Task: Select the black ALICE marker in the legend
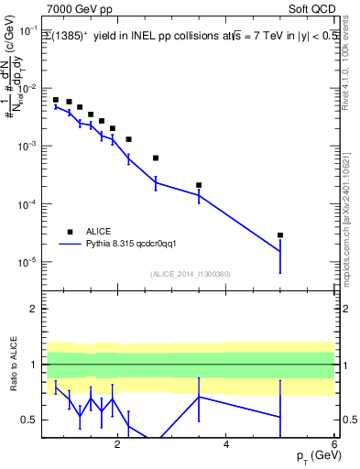tap(70, 232)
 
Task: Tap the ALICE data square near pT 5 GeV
tap(280, 235)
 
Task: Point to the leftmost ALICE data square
tap(56, 100)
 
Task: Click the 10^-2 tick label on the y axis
tap(27, 88)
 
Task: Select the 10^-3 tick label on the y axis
tap(27, 147)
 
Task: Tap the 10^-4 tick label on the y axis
tap(27, 204)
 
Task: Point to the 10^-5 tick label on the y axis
tap(27, 262)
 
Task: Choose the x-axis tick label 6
tap(333, 443)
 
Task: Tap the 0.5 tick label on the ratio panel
tap(27, 420)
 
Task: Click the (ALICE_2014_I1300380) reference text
tap(191, 274)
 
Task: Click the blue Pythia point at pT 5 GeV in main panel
tap(280, 251)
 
